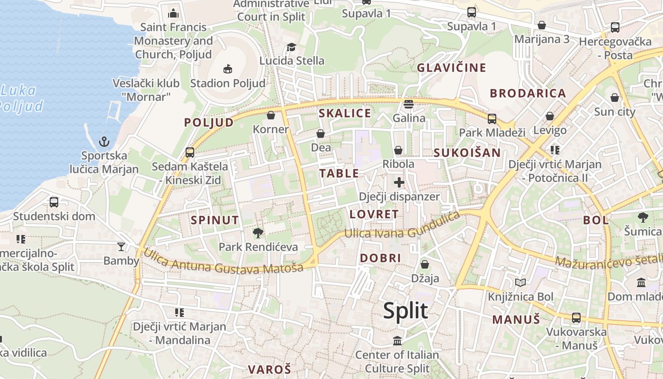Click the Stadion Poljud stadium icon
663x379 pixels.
point(228,69)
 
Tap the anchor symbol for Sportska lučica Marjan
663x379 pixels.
point(104,142)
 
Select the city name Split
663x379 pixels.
point(405,311)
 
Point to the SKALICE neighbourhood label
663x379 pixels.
point(345,113)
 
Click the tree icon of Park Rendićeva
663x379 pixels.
point(258,233)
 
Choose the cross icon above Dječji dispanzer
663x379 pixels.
point(399,182)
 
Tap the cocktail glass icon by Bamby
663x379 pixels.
point(121,246)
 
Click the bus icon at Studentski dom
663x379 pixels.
point(54,202)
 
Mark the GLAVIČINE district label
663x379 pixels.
point(451,68)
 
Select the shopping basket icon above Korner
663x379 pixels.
point(271,115)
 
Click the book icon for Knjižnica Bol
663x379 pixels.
point(520,283)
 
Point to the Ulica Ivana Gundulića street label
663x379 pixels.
point(402,227)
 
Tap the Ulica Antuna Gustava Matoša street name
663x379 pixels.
point(223,263)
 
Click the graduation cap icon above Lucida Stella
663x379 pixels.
point(291,47)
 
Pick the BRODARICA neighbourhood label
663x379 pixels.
point(528,93)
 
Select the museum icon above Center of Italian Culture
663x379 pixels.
point(397,341)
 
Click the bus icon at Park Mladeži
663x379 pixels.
point(492,118)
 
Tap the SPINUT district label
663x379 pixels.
point(215,220)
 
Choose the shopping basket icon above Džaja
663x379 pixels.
point(425,264)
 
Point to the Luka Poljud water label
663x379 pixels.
point(21,98)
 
